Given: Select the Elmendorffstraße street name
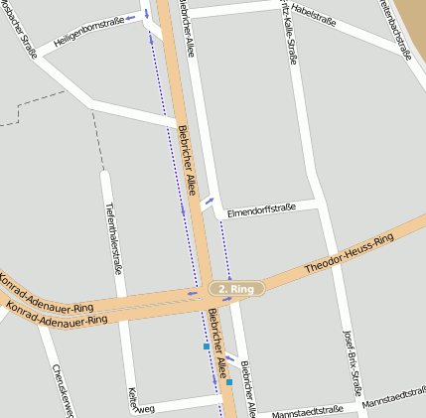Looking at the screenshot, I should pos(262,210).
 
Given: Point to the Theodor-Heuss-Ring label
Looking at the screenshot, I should pos(349,254).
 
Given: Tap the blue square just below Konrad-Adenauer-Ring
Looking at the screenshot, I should pos(207,347).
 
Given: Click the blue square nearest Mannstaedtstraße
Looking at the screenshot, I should pos(229,382).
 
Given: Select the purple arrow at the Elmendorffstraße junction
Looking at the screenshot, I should pos(208,204).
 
